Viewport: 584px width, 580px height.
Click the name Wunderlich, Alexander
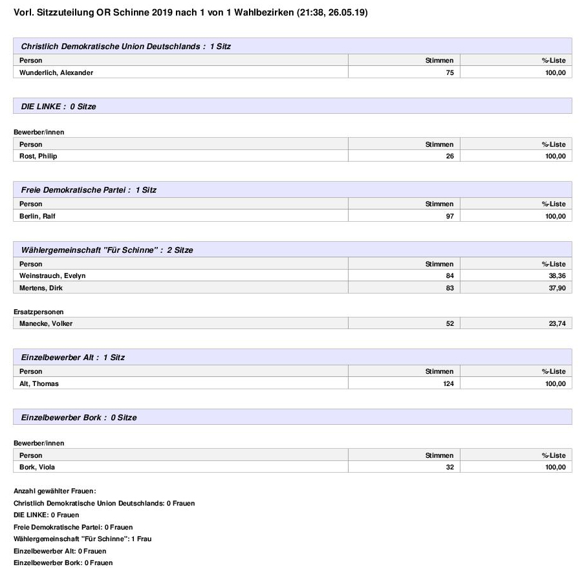[56, 72]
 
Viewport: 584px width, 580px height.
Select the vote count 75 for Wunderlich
[449, 72]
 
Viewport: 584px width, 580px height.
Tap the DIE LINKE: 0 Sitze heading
[58, 106]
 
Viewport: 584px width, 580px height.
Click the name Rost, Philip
[38, 156]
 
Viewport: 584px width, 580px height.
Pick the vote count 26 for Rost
[449, 156]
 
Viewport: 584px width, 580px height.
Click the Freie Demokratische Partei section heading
[89, 190]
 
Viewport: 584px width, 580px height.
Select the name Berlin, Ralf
[38, 216]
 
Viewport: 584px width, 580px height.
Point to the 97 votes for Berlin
[449, 216]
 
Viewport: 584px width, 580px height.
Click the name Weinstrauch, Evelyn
[52, 275]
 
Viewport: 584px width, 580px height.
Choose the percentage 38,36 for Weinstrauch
[556, 275]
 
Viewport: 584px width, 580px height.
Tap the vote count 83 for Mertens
[449, 288]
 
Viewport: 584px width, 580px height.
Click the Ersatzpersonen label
[38, 312]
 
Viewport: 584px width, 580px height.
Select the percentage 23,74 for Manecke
[556, 324]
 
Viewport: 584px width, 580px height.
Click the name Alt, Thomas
[39, 383]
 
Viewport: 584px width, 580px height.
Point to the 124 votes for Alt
[448, 383]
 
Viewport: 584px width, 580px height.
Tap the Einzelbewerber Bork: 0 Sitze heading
[79, 417]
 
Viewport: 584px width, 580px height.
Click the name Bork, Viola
[38, 467]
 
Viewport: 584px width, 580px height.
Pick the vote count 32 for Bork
[449, 467]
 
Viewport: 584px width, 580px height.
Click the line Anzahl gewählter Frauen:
[54, 491]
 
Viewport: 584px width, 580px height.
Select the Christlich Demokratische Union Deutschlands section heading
[125, 47]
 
